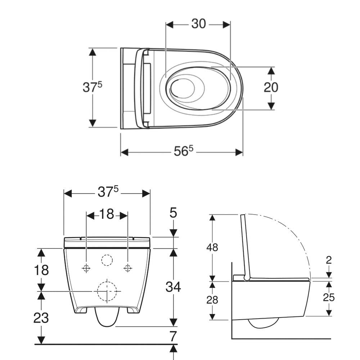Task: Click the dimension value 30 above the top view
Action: click(x=199, y=24)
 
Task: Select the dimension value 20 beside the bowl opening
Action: click(x=271, y=87)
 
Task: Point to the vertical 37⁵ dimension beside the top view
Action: click(x=92, y=87)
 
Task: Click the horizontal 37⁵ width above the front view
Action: click(x=108, y=192)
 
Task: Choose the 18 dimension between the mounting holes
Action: click(x=107, y=214)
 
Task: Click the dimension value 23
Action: click(x=41, y=318)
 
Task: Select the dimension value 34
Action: click(x=174, y=287)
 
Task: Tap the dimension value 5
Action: click(x=174, y=213)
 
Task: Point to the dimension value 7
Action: click(x=173, y=337)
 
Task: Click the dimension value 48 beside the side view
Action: click(x=212, y=248)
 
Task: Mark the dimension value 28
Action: click(x=212, y=300)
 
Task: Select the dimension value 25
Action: click(x=329, y=298)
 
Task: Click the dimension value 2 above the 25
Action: click(x=329, y=260)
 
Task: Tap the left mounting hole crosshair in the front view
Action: click(x=86, y=268)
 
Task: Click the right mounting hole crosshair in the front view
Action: click(x=128, y=268)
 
